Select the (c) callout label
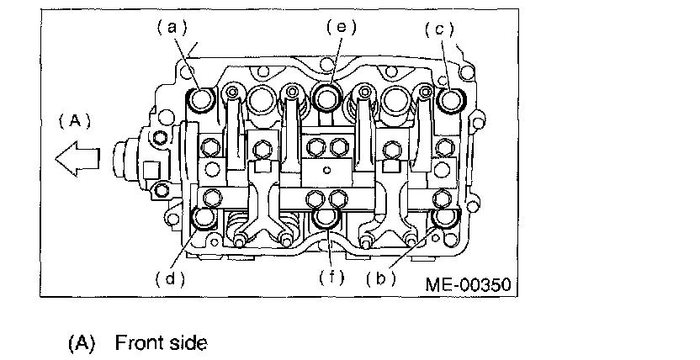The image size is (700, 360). (x=438, y=29)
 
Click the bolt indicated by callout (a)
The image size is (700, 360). (x=202, y=100)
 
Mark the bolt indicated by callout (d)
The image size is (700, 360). (x=204, y=220)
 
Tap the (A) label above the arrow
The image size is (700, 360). (x=74, y=120)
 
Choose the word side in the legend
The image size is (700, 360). (x=187, y=343)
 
